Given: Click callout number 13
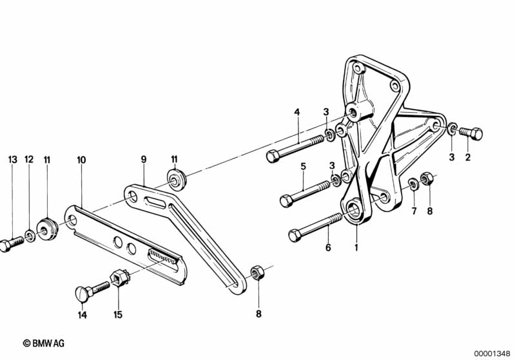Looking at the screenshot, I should [x=11, y=159].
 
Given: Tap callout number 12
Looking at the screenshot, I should [x=28, y=159].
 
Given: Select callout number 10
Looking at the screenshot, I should [x=81, y=159].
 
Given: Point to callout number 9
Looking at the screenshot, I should [x=144, y=158].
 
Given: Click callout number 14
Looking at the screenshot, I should [x=82, y=316].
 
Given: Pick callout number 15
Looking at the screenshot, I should [x=118, y=316].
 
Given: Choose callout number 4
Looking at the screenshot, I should [x=297, y=112].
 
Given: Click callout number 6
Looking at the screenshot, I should [x=327, y=247].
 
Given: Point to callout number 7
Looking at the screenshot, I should [x=414, y=211].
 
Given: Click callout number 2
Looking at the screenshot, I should [x=468, y=156].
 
